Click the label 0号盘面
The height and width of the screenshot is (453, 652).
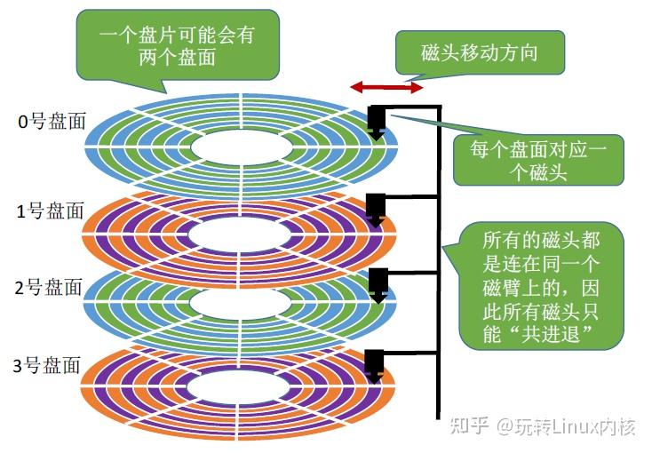52,122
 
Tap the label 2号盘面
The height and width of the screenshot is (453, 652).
51,287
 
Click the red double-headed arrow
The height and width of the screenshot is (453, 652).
386,87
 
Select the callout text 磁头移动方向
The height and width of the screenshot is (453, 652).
479,54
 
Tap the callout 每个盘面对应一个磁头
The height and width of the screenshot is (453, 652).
538,160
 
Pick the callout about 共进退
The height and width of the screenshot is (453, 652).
537,288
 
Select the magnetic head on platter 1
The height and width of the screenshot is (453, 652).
376,207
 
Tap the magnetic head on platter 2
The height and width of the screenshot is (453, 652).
377,282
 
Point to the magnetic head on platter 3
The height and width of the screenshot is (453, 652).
375,363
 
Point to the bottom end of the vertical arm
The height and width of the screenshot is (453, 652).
438,415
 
